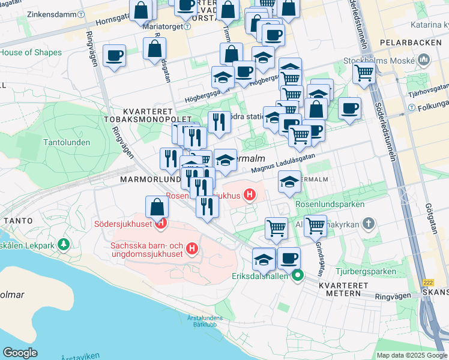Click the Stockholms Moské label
click(379, 60)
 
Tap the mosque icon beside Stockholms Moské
click(424, 60)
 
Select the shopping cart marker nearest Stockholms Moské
click(364, 73)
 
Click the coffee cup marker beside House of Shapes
click(114, 56)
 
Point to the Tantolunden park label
click(67, 142)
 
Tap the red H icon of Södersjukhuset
click(160, 225)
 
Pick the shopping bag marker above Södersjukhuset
click(157, 208)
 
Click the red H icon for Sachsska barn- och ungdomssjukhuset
click(191, 248)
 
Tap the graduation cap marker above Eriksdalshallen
click(264, 259)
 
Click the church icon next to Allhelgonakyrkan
click(369, 224)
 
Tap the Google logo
click(20, 353)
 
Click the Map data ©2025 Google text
click(412, 355)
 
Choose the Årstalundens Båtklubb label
click(205, 321)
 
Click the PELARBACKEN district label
click(405, 44)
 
